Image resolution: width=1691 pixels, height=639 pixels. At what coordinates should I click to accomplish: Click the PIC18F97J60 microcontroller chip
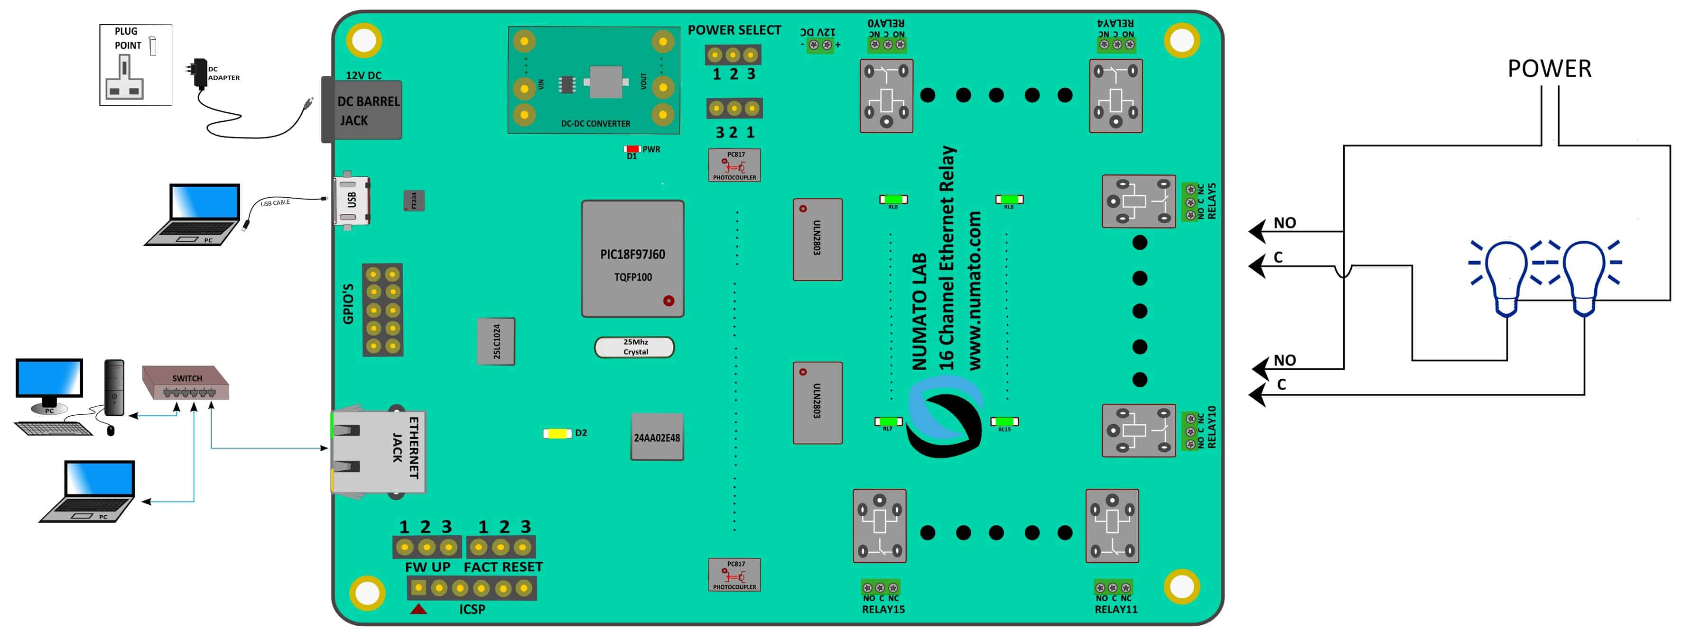[632, 259]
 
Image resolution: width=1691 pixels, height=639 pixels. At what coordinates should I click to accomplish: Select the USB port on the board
[353, 200]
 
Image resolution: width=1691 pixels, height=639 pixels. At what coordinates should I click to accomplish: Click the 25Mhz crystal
[634, 347]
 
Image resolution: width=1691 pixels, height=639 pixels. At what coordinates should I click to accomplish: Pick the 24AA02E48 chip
[657, 438]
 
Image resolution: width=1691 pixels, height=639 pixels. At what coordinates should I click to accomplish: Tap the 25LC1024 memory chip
[496, 341]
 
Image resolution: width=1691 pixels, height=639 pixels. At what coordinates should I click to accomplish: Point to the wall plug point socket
[135, 65]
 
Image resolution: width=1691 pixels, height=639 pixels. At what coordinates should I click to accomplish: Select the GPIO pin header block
[383, 310]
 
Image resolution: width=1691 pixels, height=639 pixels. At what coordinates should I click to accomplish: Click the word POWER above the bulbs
[1549, 69]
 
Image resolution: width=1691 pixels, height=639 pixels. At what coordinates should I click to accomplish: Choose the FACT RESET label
[503, 567]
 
